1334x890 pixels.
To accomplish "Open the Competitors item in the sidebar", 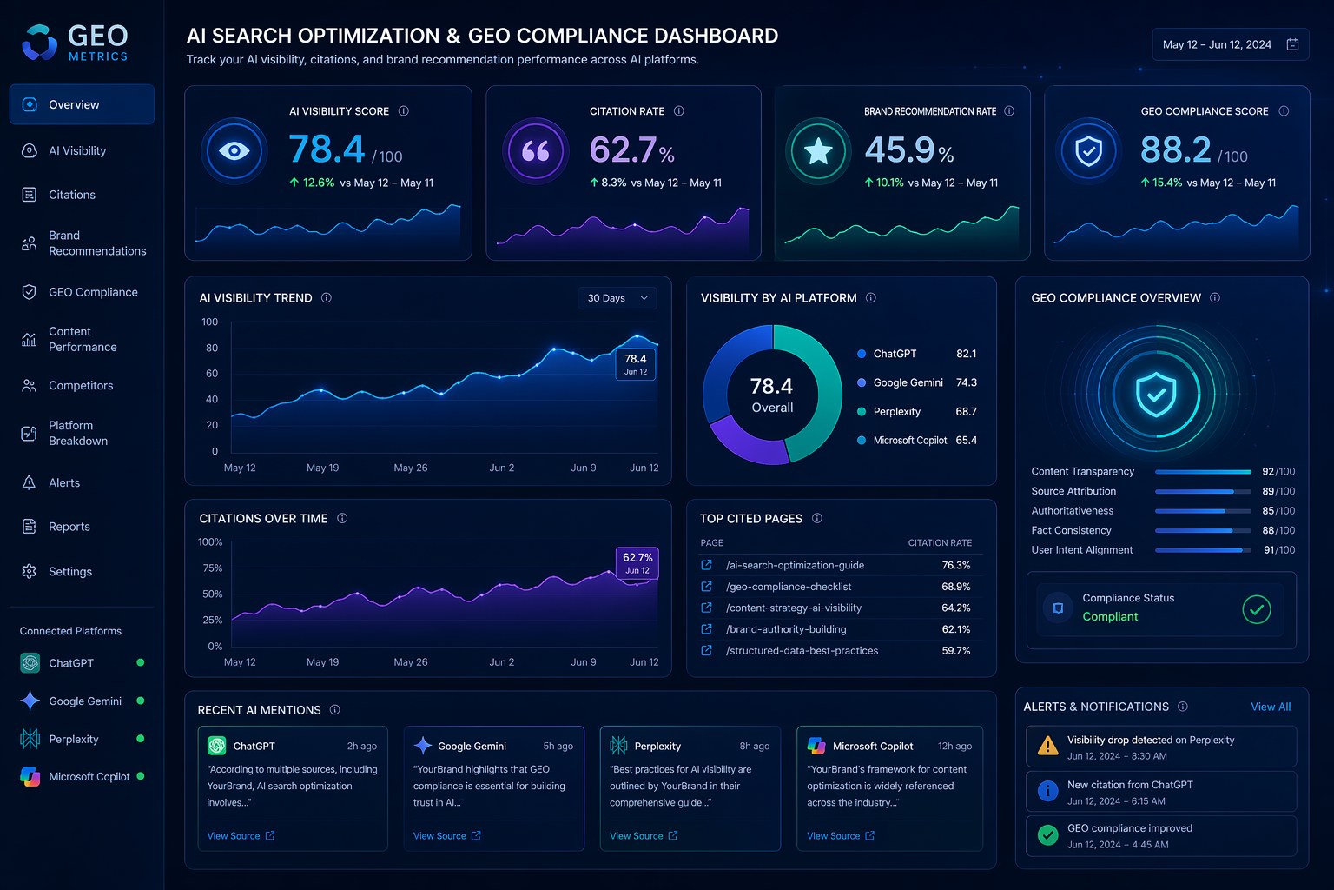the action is click(81, 386).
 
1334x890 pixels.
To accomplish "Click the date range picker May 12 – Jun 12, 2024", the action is click(1230, 44).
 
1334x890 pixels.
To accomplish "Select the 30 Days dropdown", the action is click(617, 298).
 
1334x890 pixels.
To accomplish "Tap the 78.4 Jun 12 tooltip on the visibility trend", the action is click(636, 363).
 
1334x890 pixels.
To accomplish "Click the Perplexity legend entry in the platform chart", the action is click(896, 411).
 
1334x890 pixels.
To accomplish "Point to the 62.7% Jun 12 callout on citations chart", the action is click(637, 562).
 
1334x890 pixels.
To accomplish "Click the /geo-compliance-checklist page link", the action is click(789, 587).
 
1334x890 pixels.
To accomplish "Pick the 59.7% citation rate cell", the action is click(956, 650).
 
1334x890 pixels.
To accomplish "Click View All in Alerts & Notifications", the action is click(1271, 707).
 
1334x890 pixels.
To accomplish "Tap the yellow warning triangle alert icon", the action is click(1047, 746).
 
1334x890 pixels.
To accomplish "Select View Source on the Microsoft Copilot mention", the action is click(841, 836).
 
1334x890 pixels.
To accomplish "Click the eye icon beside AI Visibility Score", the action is click(234, 151).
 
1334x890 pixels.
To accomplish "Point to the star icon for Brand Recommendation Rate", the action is click(818, 151).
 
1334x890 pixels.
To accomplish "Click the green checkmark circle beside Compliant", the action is click(1257, 609).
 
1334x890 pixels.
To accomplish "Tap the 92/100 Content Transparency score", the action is click(1278, 472).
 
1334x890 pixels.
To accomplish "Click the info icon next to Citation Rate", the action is click(678, 111).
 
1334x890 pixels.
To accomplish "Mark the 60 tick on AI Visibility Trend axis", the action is click(211, 374).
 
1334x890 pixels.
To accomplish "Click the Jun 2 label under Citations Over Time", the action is click(501, 662).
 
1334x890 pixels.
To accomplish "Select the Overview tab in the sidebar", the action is click(83, 104).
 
